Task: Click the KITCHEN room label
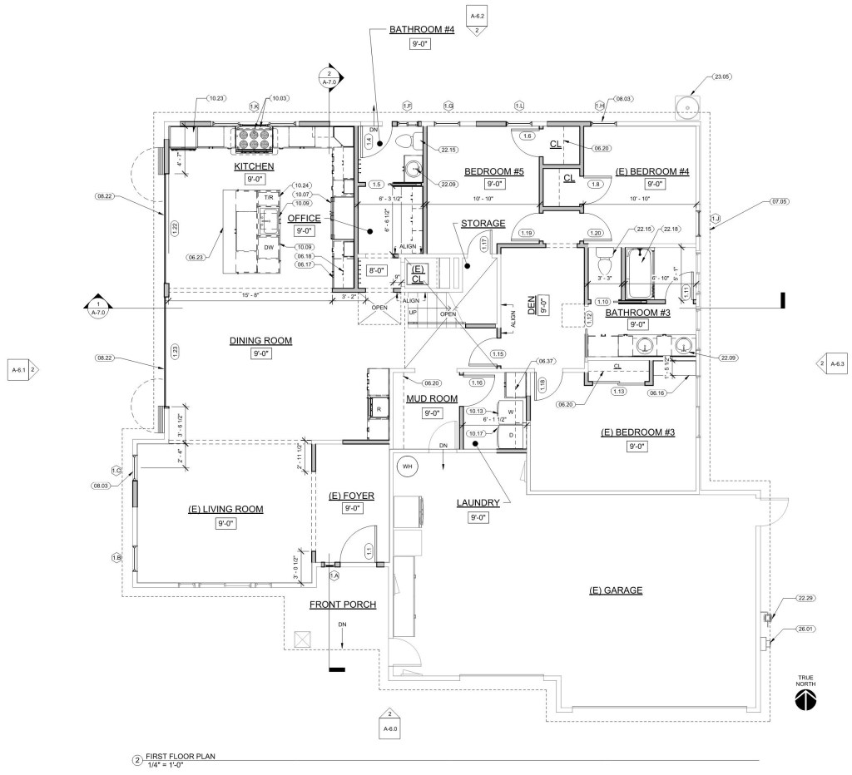point(254,166)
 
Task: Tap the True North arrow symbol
point(805,700)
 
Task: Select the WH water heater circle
point(408,466)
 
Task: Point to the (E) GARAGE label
point(616,590)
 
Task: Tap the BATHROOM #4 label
point(422,30)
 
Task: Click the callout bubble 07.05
point(780,201)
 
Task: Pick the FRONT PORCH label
point(343,605)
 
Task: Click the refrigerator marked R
point(378,409)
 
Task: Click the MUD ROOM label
point(432,399)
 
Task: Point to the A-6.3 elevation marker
point(833,364)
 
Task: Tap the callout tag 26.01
point(804,629)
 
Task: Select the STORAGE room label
point(483,224)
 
